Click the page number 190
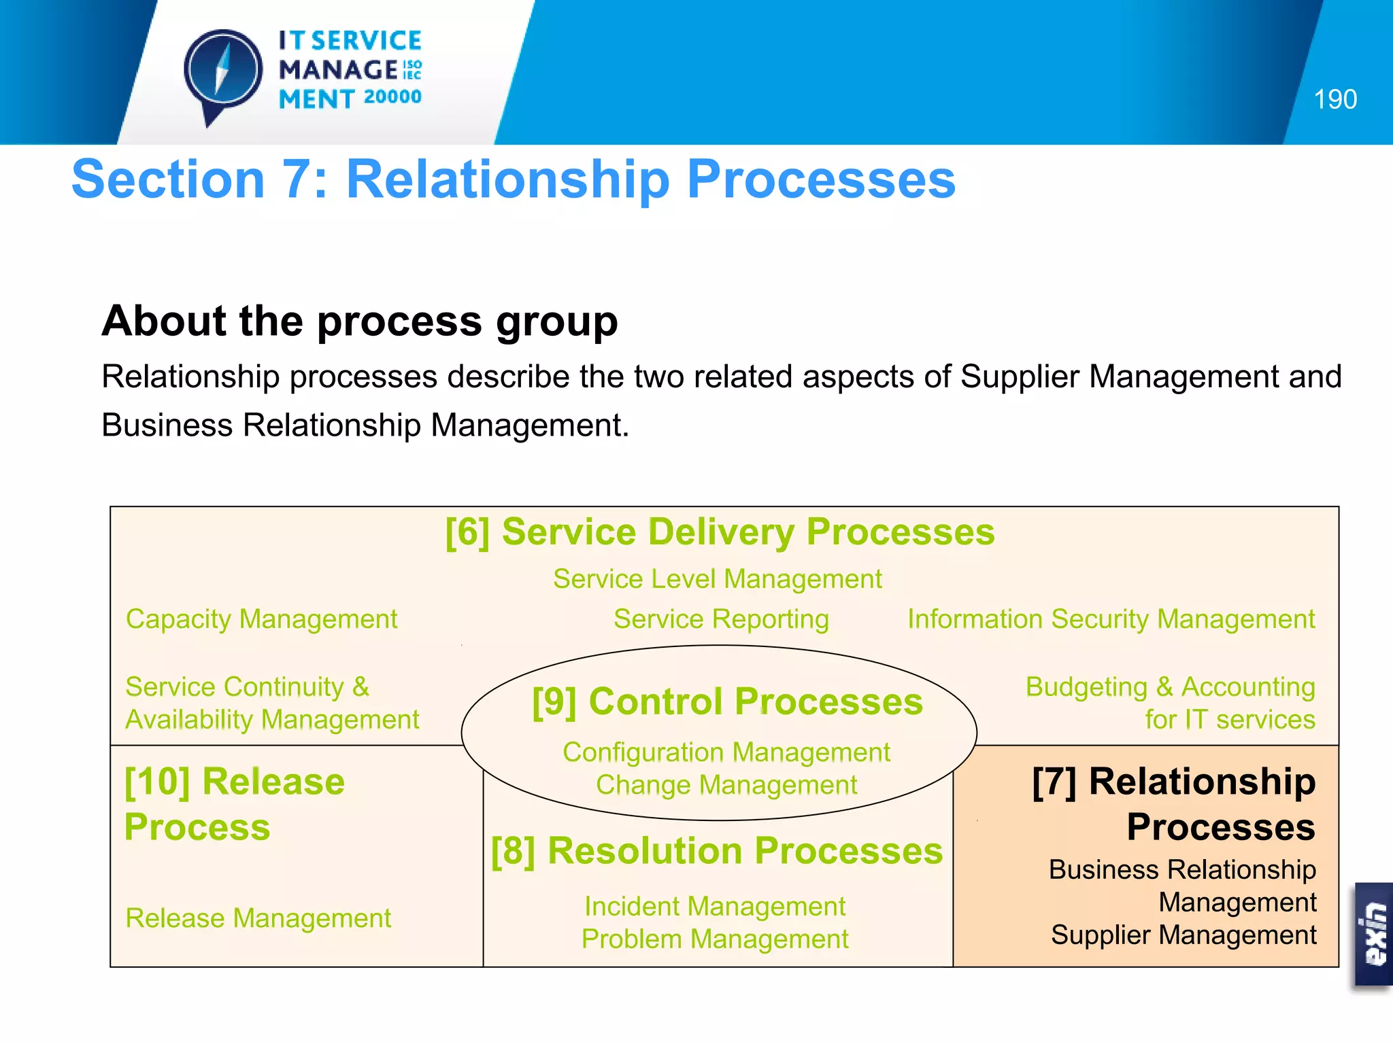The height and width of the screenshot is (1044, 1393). pyautogui.click(x=1335, y=100)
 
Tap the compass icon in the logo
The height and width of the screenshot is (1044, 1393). pyautogui.click(x=223, y=71)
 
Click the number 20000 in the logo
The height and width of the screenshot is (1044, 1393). pyautogui.click(x=392, y=97)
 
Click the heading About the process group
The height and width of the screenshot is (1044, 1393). pyautogui.click(x=360, y=321)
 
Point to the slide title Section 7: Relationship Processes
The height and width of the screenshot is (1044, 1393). pyautogui.click(x=514, y=179)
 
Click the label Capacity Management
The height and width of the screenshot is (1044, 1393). pyautogui.click(x=261, y=619)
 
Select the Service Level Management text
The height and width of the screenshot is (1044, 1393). pyautogui.click(x=717, y=579)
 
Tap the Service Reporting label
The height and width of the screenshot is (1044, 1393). pyautogui.click(x=721, y=619)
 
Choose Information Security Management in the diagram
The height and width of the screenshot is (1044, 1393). pyautogui.click(x=1111, y=619)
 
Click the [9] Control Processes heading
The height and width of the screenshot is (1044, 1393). pyautogui.click(x=727, y=701)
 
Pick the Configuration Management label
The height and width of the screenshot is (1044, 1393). pyautogui.click(x=726, y=752)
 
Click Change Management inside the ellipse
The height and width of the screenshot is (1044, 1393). pyautogui.click(x=726, y=785)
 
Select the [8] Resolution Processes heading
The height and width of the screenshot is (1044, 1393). pyautogui.click(x=717, y=851)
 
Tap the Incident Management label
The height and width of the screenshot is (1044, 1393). pyautogui.click(x=714, y=907)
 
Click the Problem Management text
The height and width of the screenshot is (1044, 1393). pyautogui.click(x=714, y=939)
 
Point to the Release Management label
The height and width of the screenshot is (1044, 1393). pyautogui.click(x=258, y=918)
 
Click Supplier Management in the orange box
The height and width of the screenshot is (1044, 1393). pyautogui.click(x=1183, y=935)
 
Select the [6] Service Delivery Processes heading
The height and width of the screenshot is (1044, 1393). pyautogui.click(x=720, y=532)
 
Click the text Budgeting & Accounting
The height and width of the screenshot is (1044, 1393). pyautogui.click(x=1170, y=687)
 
